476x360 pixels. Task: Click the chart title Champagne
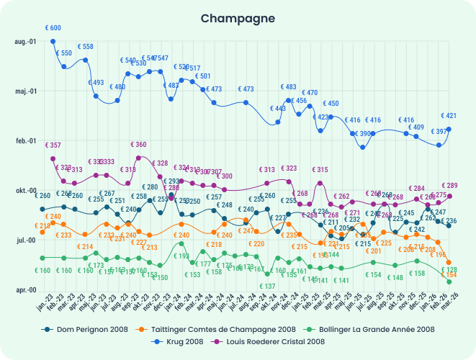click(238, 17)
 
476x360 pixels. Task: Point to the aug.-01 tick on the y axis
click(25, 42)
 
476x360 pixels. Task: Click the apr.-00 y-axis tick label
click(25, 289)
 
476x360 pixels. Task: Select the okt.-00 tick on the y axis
click(25, 191)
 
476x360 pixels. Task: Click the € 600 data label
click(53, 28)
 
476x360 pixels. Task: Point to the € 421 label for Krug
click(449, 116)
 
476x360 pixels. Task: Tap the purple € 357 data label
click(53, 145)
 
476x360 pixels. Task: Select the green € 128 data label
click(449, 269)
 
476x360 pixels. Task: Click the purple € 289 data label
click(449, 186)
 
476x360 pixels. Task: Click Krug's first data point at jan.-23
click(53, 41)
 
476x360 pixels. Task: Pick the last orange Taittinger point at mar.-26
click(449, 262)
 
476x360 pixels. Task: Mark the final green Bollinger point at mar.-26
click(449, 282)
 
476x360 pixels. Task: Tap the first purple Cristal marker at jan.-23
click(53, 158)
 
